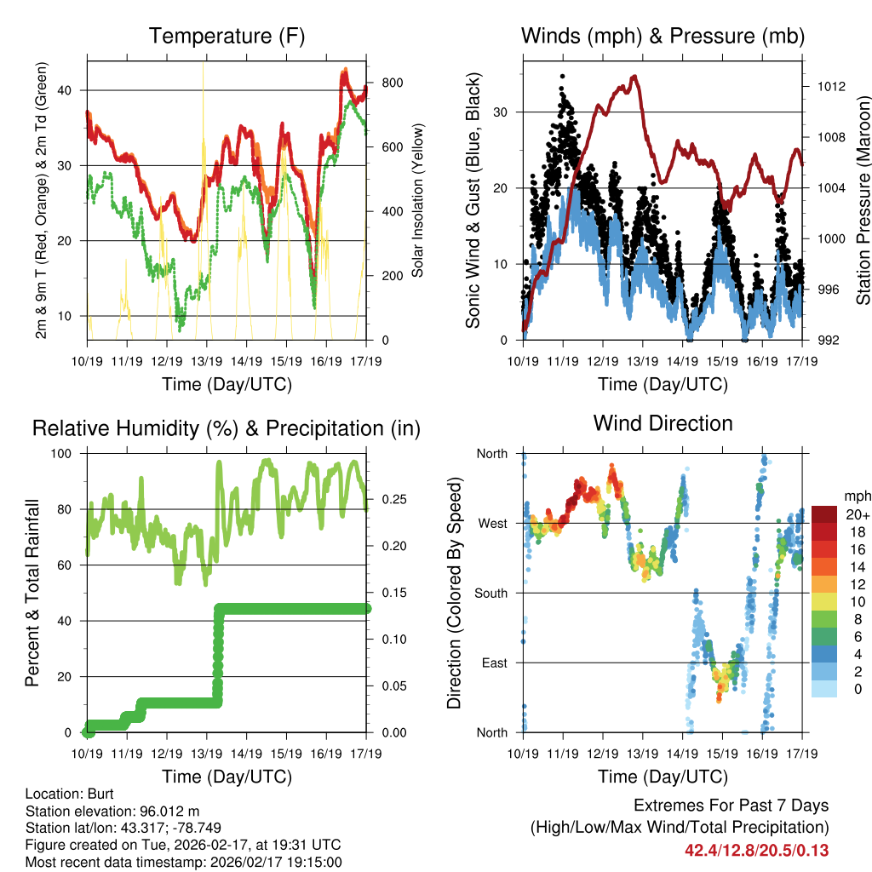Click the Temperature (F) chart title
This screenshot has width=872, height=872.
[x=227, y=37]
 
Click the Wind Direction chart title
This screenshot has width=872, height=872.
[x=663, y=423]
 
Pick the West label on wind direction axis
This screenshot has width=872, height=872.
[x=491, y=523]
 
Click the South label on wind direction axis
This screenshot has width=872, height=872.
[x=490, y=593]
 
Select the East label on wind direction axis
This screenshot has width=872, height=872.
[x=492, y=663]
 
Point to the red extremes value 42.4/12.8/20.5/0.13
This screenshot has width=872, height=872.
[x=756, y=850]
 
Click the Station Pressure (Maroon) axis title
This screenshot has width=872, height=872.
[x=863, y=200]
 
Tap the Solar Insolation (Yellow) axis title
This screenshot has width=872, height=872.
[x=418, y=200]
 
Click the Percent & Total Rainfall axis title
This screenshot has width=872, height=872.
[x=32, y=593]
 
